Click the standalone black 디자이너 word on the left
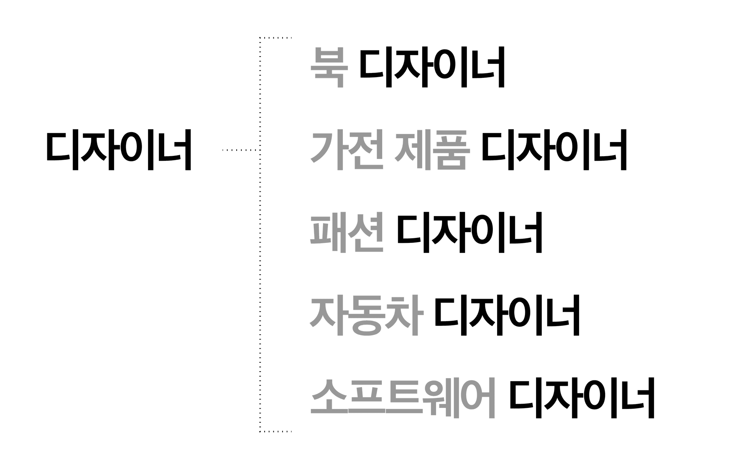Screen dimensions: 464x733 point(118,150)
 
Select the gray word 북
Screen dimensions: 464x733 point(329,68)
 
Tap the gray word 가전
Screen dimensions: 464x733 point(347,150)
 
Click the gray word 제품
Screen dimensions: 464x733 point(431,150)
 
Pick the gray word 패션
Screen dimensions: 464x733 point(347,233)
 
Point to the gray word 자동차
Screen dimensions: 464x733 point(366,315)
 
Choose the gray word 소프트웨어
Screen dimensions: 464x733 point(403,398)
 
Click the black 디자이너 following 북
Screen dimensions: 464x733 point(432,68)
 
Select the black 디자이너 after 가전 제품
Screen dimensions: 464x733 point(554,150)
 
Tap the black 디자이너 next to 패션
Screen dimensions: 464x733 point(470,233)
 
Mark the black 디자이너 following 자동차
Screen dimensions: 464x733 point(507,315)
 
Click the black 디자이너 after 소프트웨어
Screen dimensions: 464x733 point(582,398)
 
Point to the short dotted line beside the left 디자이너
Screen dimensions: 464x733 point(241,150)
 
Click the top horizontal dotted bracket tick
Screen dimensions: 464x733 point(276,38)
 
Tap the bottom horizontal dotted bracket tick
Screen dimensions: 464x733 point(276,432)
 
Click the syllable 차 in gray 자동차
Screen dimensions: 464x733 point(404,315)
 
